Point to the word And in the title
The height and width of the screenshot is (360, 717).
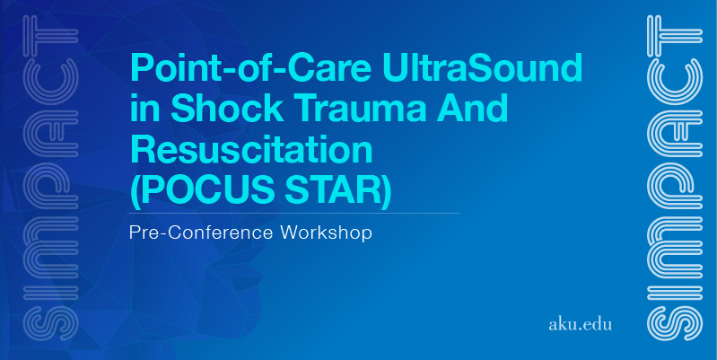pos(472,108)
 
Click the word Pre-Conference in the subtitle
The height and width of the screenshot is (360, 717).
pos(200,233)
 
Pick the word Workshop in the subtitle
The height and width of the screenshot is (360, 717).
pos(326,233)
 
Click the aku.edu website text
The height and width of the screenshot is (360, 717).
pos(580,325)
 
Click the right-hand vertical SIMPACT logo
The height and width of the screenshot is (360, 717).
pos(675,178)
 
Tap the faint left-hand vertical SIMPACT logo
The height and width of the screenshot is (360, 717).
pos(51,178)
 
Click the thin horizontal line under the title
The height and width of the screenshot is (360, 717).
pos(294,213)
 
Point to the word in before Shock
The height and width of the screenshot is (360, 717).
pos(146,108)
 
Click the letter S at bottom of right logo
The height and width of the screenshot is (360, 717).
pos(675,323)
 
